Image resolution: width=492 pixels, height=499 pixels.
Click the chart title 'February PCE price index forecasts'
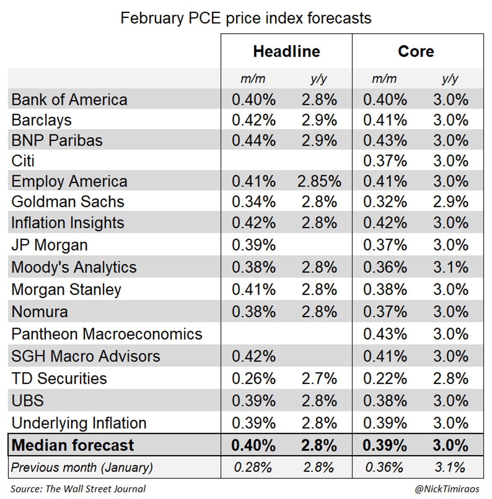[246, 18]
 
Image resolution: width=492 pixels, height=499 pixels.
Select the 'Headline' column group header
[286, 52]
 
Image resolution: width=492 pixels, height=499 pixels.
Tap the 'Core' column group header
[416, 52]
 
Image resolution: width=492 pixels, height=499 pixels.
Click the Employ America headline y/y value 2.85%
[319, 181]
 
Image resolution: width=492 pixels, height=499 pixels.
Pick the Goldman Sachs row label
[68, 202]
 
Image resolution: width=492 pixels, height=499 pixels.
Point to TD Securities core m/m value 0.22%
[385, 379]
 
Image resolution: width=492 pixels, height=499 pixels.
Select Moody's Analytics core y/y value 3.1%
[450, 267]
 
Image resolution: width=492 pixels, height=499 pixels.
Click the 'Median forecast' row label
[73, 445]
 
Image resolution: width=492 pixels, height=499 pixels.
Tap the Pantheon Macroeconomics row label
[107, 334]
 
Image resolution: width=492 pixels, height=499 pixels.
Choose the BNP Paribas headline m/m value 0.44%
[253, 140]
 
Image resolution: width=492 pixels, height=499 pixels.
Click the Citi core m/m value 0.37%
[385, 161]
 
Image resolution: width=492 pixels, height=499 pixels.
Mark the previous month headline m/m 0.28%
[253, 467]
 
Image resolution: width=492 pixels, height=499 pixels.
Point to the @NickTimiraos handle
[446, 489]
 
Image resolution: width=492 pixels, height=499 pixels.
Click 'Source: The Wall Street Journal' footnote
[78, 489]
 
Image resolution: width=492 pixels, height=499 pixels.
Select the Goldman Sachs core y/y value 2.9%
[450, 202]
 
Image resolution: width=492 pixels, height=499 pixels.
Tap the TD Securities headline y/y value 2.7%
[319, 379]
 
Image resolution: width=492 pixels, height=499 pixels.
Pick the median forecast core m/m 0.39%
[385, 445]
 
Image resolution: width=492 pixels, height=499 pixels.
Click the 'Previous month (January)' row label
[82, 467]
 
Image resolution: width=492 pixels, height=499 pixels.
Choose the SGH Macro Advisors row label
[85, 357]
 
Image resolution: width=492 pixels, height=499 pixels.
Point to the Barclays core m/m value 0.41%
[385, 120]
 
